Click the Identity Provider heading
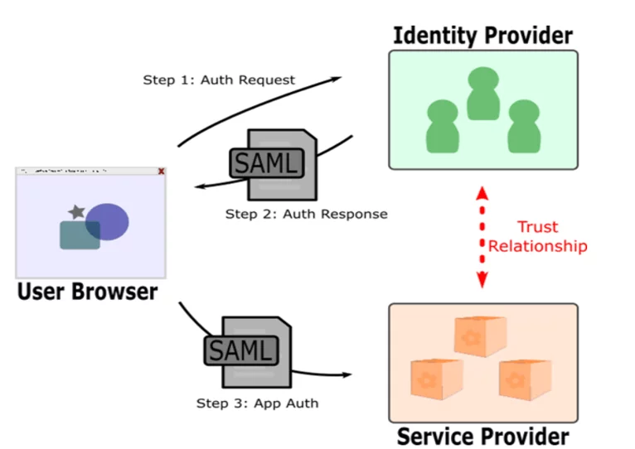(482, 36)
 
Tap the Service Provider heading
(482, 436)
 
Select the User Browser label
(87, 292)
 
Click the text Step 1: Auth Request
(219, 80)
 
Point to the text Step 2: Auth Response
(306, 214)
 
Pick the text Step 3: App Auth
(257, 403)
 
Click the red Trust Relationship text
(537, 236)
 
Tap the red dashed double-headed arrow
(482, 237)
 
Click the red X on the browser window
(161, 171)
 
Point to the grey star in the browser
(76, 212)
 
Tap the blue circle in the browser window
(107, 221)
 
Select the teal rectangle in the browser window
(80, 234)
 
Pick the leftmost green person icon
(442, 126)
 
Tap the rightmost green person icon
(523, 126)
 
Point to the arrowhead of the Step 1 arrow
(336, 79)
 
